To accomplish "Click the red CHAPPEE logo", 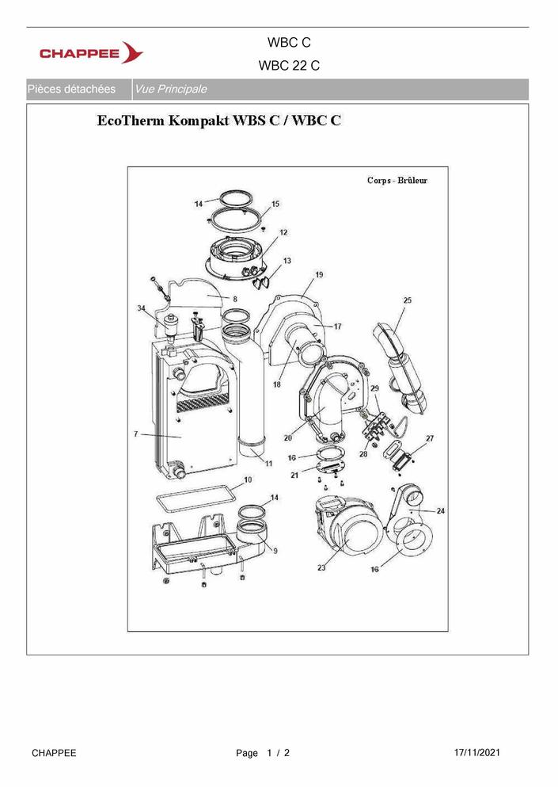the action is pos(91,52).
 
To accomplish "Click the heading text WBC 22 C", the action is pos(289,66).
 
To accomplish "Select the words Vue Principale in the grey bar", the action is pos(171,90).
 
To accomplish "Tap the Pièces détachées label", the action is pos(71,90).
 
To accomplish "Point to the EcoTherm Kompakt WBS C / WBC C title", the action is pos(219,120).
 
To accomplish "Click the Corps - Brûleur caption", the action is pos(397,180).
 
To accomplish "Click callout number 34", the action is pos(142,308).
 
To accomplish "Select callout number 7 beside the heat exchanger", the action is pos(136,434).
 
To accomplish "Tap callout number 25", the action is pos(407,300).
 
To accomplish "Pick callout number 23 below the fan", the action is pos(321,567).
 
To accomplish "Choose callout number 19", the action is pos(319,274).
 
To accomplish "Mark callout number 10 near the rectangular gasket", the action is pos(248,479).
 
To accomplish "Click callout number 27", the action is pos(430,438).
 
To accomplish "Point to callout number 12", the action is pos(283,232).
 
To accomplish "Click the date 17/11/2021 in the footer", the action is pos(476,752).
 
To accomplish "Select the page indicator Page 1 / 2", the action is pos(263,753).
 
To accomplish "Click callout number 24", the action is pos(440,511).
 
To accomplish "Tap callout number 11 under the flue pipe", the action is pos(269,464).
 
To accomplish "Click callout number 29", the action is pos(374,388).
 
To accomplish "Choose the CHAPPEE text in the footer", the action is pos(54,753).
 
